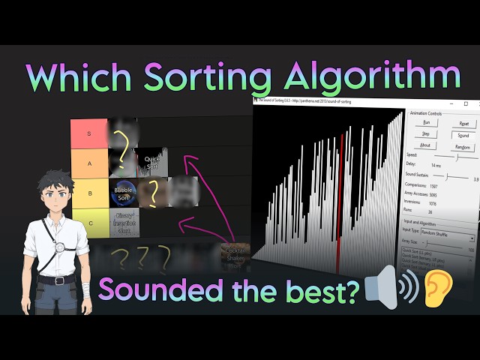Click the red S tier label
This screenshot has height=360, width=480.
coord(89,133)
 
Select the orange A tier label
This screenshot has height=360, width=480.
coord(89,163)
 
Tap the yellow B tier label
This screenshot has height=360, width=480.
coord(89,193)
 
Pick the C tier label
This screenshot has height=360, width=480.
coord(89,223)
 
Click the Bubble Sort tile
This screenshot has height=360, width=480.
coord(124,193)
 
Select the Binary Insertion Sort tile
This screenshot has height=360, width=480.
coord(124,223)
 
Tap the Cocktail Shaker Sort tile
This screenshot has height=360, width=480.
coord(235,256)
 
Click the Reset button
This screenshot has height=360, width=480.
coord(463,122)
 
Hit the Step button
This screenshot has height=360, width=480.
coord(425,133)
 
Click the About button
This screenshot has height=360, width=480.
coord(425,145)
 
